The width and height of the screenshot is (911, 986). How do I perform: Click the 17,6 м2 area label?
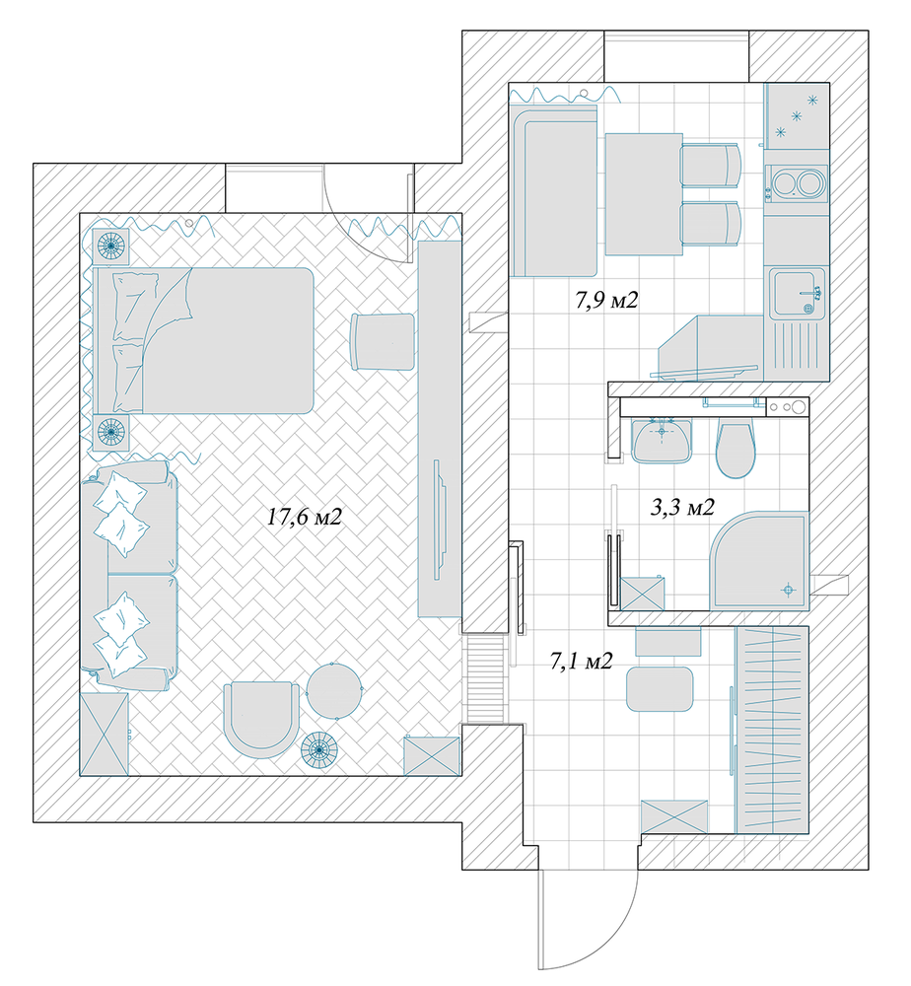(x=305, y=518)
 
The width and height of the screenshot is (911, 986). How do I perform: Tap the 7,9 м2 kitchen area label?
(x=606, y=300)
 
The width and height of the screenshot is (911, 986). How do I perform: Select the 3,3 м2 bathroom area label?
(x=682, y=507)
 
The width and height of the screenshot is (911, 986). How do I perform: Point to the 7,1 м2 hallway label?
(x=581, y=661)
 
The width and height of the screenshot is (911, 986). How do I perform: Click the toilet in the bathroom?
(x=735, y=449)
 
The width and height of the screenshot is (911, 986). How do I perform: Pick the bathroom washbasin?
(x=662, y=440)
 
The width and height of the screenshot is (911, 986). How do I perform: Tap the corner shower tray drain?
(x=788, y=590)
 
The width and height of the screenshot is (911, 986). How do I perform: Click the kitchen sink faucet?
(x=812, y=293)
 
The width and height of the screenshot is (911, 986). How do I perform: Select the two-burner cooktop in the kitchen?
(x=795, y=183)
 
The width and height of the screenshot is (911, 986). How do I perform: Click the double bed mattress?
(x=204, y=340)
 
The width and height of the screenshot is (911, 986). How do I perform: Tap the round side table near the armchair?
(x=334, y=690)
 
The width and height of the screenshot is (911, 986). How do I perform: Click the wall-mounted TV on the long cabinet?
(x=440, y=520)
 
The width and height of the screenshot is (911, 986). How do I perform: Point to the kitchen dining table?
(x=644, y=193)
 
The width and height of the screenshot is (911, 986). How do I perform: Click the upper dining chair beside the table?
(x=711, y=166)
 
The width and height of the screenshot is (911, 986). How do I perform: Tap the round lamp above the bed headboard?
(x=111, y=246)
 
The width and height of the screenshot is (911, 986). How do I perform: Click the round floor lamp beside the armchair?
(x=318, y=750)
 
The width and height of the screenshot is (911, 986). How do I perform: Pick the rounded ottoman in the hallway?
(x=660, y=689)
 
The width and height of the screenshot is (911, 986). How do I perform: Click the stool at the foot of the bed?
(x=383, y=341)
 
